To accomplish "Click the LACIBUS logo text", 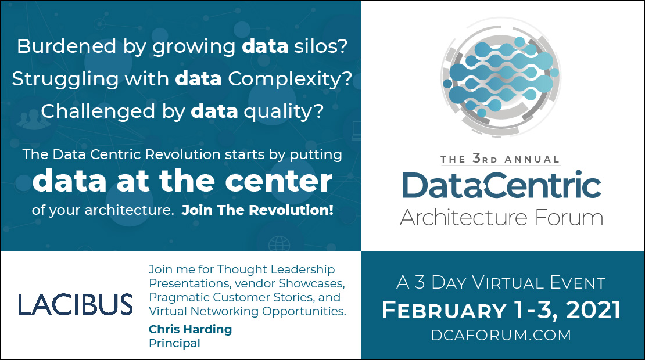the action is tap(76, 304).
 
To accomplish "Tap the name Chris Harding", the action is tap(190, 329).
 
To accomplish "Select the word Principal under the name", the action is tap(174, 343).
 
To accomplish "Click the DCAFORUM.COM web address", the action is tap(501, 335).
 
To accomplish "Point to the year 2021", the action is tap(593, 310).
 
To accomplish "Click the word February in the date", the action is tap(445, 310).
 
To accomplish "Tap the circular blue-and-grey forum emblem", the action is tap(501, 77).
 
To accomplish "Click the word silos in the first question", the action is tap(320, 46).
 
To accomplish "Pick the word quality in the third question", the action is tap(284, 111).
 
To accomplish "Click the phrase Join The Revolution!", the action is tap(257, 210).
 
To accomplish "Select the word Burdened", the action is tap(67, 46).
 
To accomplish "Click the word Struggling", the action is tap(66, 79).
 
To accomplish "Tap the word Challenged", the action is tap(98, 111).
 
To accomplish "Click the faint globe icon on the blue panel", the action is tap(279, 244).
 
